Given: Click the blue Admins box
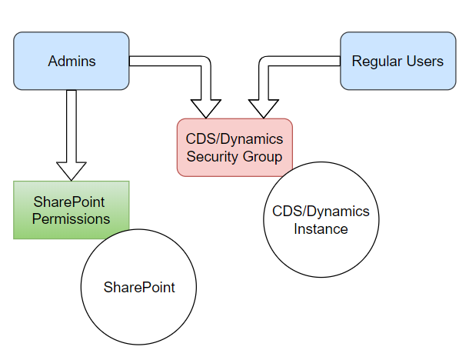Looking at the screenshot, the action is click(x=72, y=61).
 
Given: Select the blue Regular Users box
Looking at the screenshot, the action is click(x=398, y=61).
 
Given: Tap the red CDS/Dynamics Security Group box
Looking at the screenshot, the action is click(x=234, y=147).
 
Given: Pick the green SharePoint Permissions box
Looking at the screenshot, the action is click(x=72, y=210).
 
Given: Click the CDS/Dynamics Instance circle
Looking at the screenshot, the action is click(x=321, y=220).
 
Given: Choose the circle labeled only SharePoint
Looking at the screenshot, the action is click(x=138, y=287).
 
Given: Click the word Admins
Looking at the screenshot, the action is click(x=72, y=62).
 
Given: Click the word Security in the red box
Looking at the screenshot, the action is click(x=212, y=157).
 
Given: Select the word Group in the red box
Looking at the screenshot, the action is click(x=262, y=157).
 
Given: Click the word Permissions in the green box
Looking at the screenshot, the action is click(x=72, y=218).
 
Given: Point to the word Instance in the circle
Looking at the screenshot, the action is click(x=321, y=229).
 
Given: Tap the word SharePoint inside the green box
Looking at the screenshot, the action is click(x=69, y=202).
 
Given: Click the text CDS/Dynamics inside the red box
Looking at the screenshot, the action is click(x=234, y=139).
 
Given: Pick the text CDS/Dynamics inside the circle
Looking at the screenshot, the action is click(x=321, y=212).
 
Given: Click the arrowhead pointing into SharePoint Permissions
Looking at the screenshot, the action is click(x=72, y=172).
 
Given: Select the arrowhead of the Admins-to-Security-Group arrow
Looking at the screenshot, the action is click(x=206, y=109).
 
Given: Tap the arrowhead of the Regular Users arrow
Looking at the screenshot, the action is click(x=264, y=109).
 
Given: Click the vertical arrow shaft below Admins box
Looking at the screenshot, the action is click(x=72, y=126).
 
